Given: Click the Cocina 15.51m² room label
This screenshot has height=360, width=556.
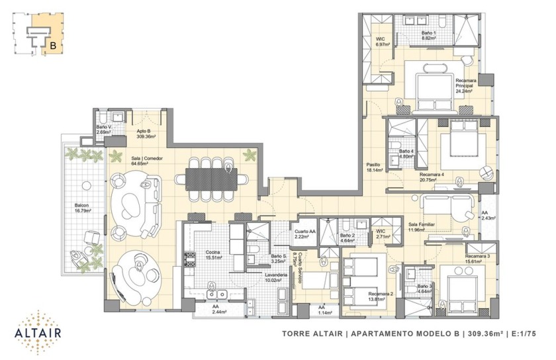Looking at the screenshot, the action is click(x=214, y=255).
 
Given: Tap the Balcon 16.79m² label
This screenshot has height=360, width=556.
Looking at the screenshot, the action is click(x=83, y=208).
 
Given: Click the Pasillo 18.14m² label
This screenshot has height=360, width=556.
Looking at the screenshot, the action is click(x=375, y=167).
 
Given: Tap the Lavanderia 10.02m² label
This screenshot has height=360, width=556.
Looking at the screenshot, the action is click(x=275, y=277).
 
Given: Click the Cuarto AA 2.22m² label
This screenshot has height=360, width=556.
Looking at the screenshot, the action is click(x=304, y=234).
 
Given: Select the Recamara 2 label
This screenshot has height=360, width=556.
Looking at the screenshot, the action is click(x=381, y=293).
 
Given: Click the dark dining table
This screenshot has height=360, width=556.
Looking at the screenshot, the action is click(x=211, y=179).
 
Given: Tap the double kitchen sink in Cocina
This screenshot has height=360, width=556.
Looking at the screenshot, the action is click(x=217, y=294).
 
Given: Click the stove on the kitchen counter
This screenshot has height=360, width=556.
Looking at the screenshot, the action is click(x=189, y=259).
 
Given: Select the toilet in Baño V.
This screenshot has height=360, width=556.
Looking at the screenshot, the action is click(x=102, y=117).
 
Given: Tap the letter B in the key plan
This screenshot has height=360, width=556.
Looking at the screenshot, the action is click(x=53, y=46).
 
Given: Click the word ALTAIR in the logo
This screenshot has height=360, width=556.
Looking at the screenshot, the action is click(x=38, y=333).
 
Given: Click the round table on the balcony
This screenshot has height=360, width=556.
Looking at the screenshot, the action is click(x=85, y=185).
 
